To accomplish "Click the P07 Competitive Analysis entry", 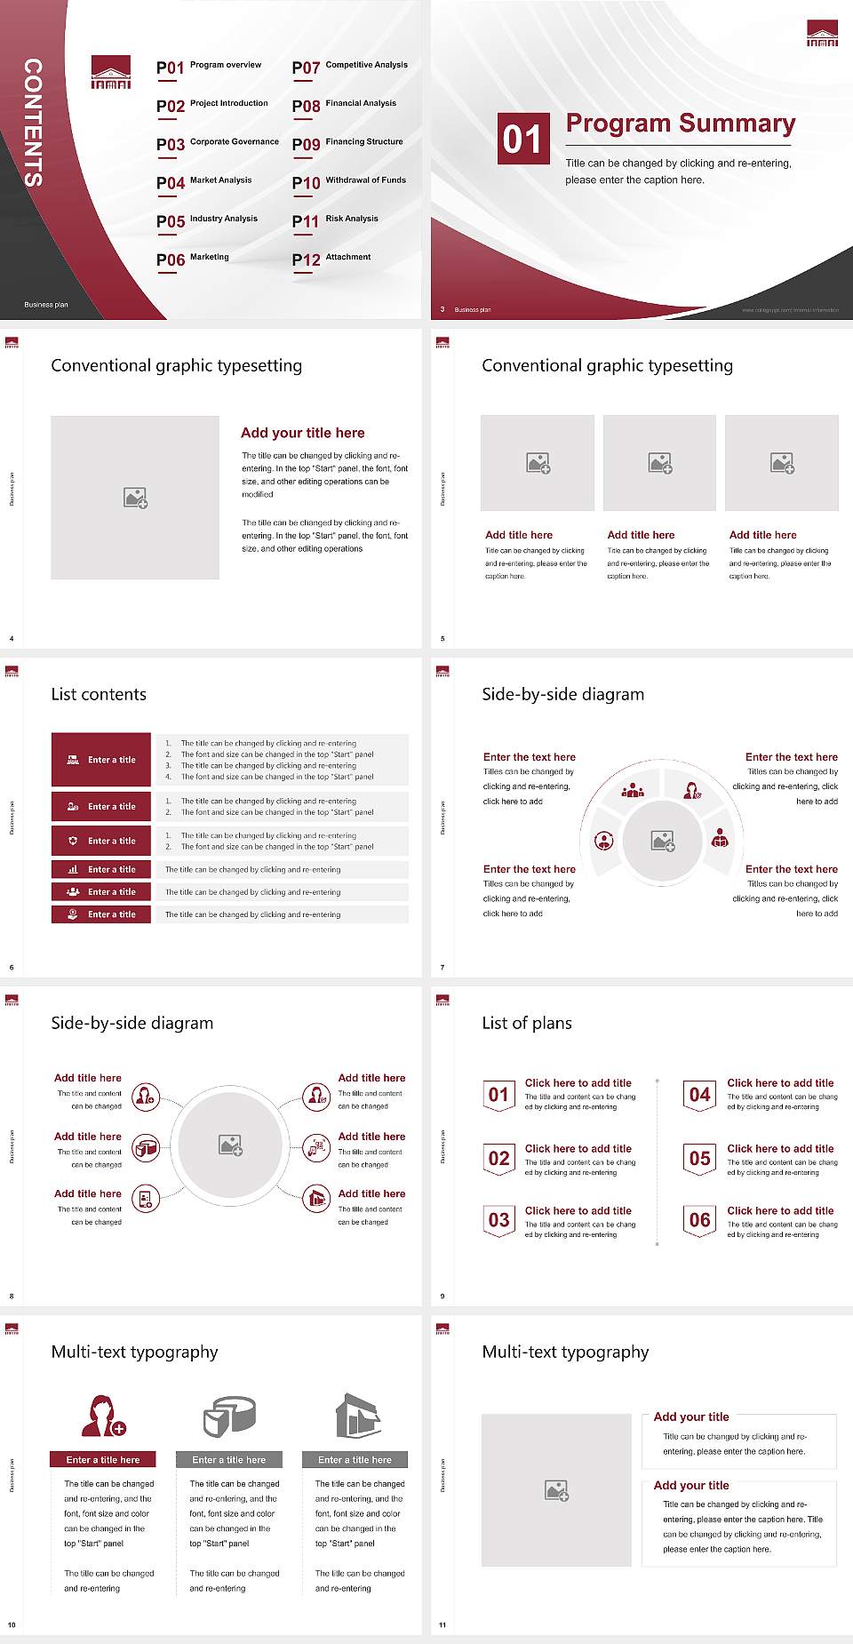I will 350,67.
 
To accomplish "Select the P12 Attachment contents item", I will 331,259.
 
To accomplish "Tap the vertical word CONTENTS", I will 33,123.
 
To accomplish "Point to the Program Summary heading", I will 680,124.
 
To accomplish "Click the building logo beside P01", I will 111,73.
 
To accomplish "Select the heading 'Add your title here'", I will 302,433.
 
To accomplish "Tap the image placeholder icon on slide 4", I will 135,498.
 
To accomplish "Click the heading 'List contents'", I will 99,694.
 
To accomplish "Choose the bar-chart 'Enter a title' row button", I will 101,869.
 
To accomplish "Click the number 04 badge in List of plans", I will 700,1095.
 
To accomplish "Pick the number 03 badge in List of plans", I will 499,1220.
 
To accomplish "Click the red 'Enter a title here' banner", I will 103,1459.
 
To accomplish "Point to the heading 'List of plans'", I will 527,1023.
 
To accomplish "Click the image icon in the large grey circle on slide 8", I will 231,1145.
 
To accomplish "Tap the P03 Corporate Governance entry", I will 217,143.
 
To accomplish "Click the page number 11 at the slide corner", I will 442,1625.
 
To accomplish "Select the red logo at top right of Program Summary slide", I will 822,33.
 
